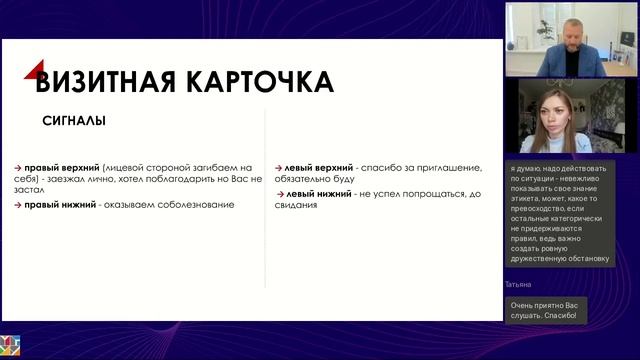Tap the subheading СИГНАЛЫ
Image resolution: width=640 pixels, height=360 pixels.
(x=74, y=122)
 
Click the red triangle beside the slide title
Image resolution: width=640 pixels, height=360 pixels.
(x=34, y=70)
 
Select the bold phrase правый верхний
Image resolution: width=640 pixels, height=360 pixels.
(x=61, y=168)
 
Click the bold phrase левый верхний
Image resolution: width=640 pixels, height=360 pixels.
(x=319, y=168)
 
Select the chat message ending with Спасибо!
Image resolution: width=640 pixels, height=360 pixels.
(x=546, y=310)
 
